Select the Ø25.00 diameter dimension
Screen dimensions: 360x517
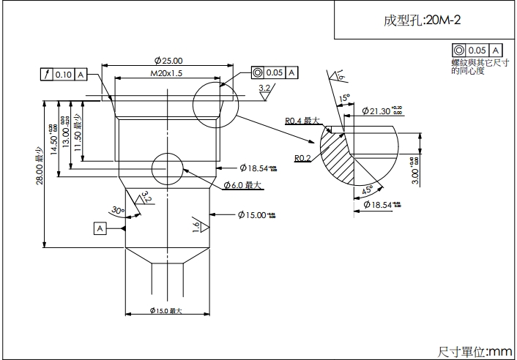click(x=168, y=61)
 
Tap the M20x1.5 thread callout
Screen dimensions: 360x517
click(x=166, y=74)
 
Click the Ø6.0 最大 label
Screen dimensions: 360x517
click(x=242, y=186)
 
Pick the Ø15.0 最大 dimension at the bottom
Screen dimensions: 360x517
click(x=165, y=311)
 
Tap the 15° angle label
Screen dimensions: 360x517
click(x=344, y=97)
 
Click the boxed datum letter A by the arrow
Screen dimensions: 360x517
click(x=100, y=228)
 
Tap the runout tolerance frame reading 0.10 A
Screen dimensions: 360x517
click(x=64, y=74)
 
